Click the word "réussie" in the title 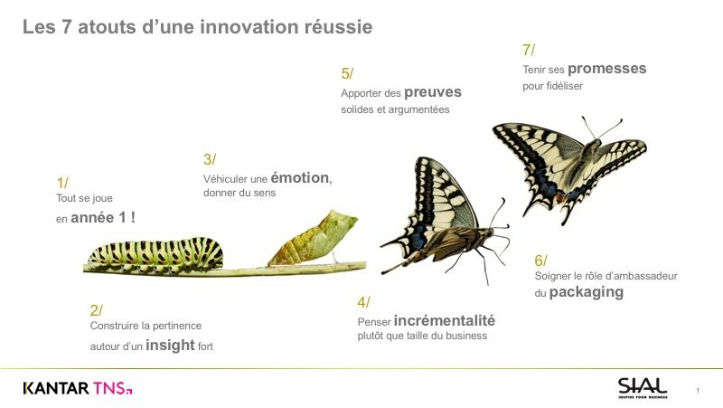338,27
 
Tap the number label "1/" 62,183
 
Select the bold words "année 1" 99,217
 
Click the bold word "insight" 170,345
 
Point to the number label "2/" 97,310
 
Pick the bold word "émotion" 300,177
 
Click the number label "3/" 210,159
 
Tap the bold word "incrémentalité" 445,320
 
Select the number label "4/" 364,302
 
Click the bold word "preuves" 433,92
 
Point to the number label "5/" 347,73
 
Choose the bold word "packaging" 586,291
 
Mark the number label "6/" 540,261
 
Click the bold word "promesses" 606,69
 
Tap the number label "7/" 529,50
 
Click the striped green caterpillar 155,254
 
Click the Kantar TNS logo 78,388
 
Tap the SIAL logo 643,388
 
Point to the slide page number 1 698,391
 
